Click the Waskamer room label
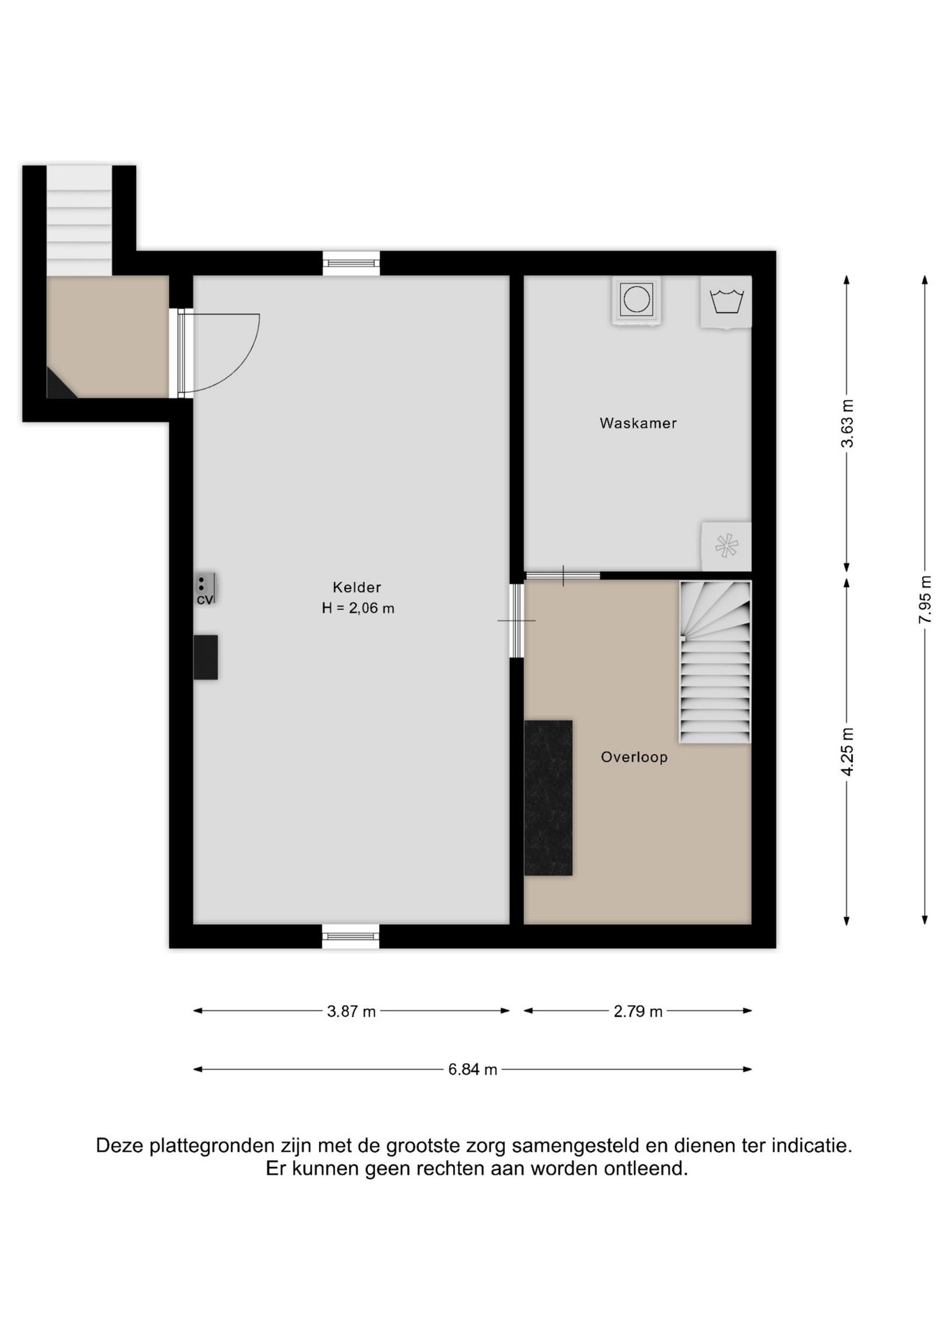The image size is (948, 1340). click(x=638, y=423)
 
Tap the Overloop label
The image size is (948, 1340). click(x=634, y=757)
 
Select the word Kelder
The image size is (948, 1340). click(x=357, y=588)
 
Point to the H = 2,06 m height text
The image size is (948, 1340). click(x=357, y=609)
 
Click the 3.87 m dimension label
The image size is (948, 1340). click(x=351, y=1011)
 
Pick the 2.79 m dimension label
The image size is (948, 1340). click(x=638, y=1011)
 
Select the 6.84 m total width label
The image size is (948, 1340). click(x=473, y=1069)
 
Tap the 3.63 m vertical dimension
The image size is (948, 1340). click(x=847, y=424)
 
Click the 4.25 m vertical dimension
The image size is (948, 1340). click(x=847, y=752)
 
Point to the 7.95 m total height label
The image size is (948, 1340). click(x=925, y=600)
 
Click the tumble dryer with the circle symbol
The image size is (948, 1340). click(x=636, y=301)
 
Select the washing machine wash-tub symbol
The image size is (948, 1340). click(x=726, y=302)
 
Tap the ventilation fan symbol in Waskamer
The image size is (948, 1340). click(x=726, y=546)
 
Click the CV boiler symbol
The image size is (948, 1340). click(x=205, y=588)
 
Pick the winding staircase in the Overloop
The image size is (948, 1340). click(x=715, y=662)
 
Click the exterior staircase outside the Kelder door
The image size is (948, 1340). click(x=79, y=221)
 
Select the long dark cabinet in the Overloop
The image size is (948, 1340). click(x=548, y=798)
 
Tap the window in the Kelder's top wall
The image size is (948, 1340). click(x=351, y=263)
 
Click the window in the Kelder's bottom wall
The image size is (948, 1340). click(x=350, y=936)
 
